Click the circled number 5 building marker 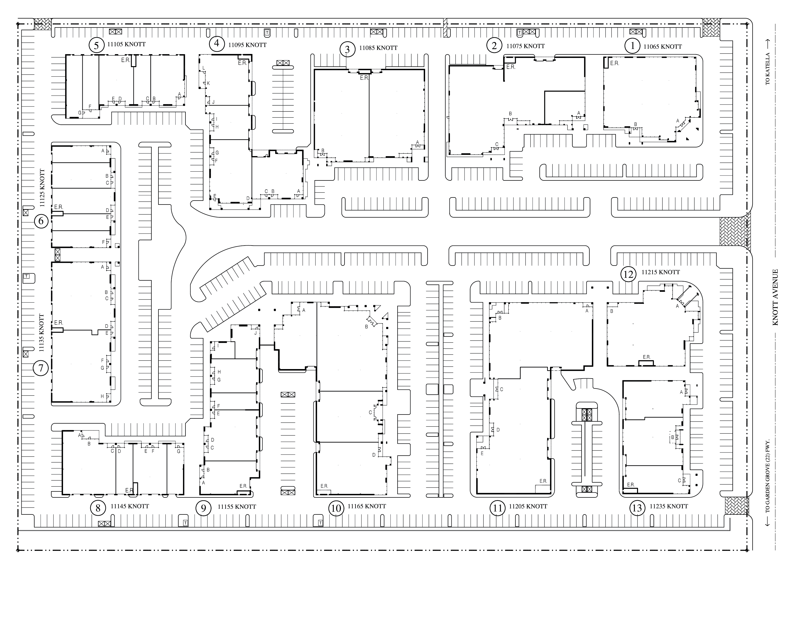[x=96, y=46]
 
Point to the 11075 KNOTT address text [x=525, y=46]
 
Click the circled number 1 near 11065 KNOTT [x=632, y=46]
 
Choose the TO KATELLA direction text [x=768, y=69]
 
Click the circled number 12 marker [x=628, y=274]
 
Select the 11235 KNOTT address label [x=668, y=506]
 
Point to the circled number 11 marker [x=497, y=508]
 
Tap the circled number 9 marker [x=203, y=508]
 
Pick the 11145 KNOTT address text [x=130, y=506]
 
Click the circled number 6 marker [x=41, y=221]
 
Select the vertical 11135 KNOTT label [x=42, y=333]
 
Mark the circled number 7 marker [x=41, y=368]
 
